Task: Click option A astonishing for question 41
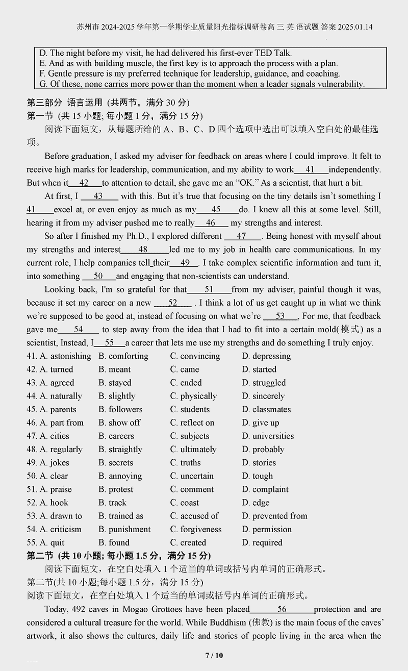coord(65,356)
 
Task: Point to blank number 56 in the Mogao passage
coord(282,609)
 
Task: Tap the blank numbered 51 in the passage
coord(209,289)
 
